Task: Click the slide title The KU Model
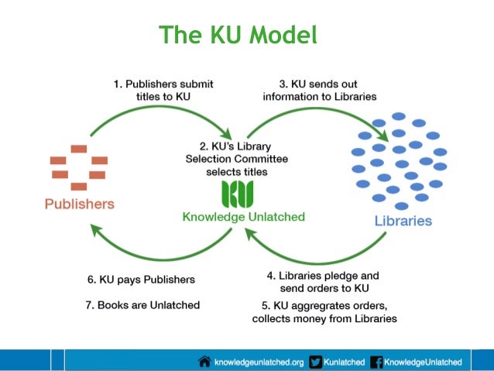coord(238,35)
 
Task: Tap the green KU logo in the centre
coord(237,194)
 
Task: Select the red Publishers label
coord(79,204)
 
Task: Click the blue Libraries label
coord(403,221)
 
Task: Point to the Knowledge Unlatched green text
coord(243,218)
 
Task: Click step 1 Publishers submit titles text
coord(163,90)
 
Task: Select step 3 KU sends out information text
coord(320,90)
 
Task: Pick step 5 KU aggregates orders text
coord(324,311)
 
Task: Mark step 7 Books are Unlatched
coord(142,304)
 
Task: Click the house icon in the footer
coord(205,361)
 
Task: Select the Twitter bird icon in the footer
coord(315,361)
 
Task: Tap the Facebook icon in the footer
coord(377,361)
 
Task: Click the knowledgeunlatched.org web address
coord(259,361)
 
